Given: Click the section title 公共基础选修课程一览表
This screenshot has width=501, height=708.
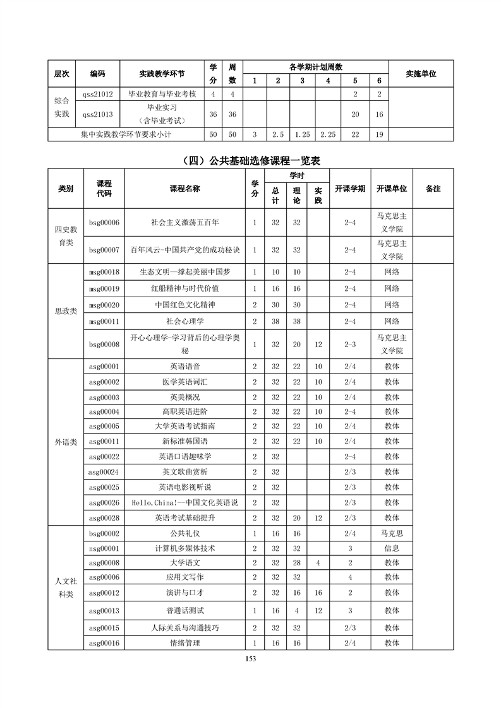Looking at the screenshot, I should click(250, 160).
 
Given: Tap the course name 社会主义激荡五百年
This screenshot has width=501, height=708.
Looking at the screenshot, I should click(185, 222).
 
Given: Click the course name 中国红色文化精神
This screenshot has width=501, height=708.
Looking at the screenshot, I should click(185, 305).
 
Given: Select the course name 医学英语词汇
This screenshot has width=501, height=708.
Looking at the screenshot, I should click(185, 382).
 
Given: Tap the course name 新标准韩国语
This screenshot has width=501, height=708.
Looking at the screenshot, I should click(185, 441).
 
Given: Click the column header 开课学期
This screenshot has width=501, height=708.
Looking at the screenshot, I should click(349, 189).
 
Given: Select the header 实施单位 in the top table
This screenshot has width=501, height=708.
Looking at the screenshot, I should click(421, 74).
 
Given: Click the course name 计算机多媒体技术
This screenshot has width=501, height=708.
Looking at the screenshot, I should click(185, 548).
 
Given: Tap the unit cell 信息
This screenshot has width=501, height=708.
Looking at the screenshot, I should click(392, 548).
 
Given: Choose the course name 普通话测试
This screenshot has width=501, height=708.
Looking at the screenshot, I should click(185, 611).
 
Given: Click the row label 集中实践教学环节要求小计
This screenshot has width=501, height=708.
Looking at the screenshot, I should click(126, 134).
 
